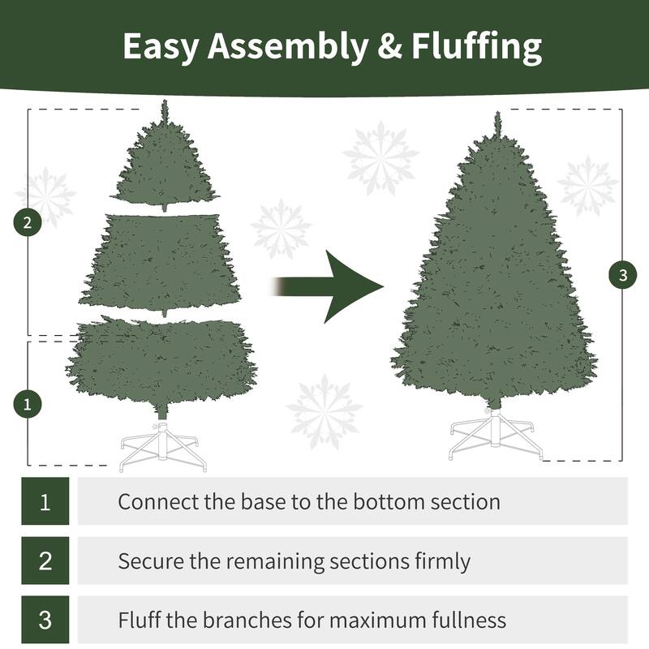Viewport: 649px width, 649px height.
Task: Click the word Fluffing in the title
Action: pyautogui.click(x=477, y=48)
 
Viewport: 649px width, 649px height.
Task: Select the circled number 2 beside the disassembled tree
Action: pyautogui.click(x=28, y=223)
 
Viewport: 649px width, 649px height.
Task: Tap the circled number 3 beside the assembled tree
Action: pyautogui.click(x=622, y=275)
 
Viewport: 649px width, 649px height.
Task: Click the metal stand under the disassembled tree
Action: pyautogui.click(x=163, y=445)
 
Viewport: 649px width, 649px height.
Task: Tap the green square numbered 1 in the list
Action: pyautogui.click(x=45, y=501)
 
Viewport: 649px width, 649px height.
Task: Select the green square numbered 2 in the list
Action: pyautogui.click(x=45, y=561)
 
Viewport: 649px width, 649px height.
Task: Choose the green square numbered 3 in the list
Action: pyautogui.click(x=45, y=621)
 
